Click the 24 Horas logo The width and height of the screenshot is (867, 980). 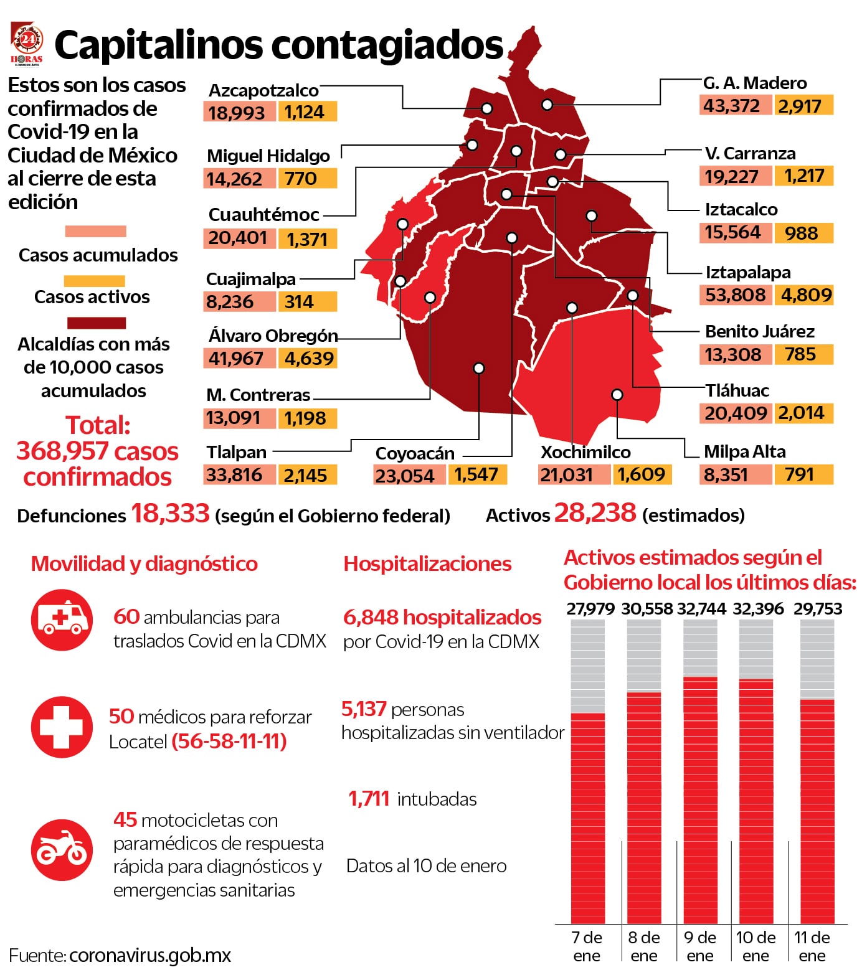tap(27, 44)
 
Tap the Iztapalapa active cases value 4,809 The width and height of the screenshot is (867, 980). tap(806, 294)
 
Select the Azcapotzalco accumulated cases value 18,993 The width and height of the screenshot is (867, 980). tap(237, 113)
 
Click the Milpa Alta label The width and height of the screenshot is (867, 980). tap(744, 451)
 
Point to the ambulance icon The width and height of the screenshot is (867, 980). tap(62, 620)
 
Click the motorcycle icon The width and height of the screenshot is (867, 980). tap(62, 849)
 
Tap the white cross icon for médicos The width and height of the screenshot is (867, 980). tap(62, 727)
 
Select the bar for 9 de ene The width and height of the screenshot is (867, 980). tap(700, 799)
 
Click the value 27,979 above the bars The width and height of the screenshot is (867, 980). tap(590, 608)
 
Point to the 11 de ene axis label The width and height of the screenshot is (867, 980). tap(812, 946)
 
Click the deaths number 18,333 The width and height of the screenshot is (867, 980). tap(170, 514)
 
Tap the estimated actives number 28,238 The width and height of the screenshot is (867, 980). tap(595, 513)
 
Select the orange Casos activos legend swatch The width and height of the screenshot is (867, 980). tap(95, 281)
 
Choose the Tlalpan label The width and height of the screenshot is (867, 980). tap(236, 452)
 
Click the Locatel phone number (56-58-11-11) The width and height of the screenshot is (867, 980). tap(229, 741)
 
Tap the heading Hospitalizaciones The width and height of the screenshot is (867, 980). tap(427, 563)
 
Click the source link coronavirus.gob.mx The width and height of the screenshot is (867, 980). tap(150, 955)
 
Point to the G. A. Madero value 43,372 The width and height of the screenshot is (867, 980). tap(732, 106)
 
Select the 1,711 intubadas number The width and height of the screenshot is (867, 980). tap(369, 798)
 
